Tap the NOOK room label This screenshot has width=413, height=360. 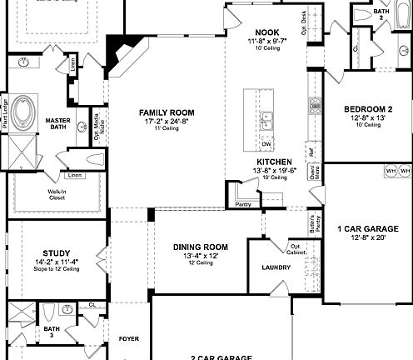coord(266,32)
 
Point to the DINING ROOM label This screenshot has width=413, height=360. coord(201,247)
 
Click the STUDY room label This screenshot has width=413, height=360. coord(57,253)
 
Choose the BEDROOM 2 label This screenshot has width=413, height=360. coord(368,109)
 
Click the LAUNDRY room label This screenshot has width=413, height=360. coord(275,267)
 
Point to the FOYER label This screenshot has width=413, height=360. coord(128,339)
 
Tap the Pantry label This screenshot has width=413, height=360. coord(243,203)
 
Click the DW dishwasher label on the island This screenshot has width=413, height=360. coord(266,144)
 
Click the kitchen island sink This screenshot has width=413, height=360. coord(267,121)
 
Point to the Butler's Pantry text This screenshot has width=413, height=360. coord(314,220)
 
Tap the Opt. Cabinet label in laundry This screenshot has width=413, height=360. coord(296,248)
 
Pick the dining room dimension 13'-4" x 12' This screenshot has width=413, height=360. coord(201,255)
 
